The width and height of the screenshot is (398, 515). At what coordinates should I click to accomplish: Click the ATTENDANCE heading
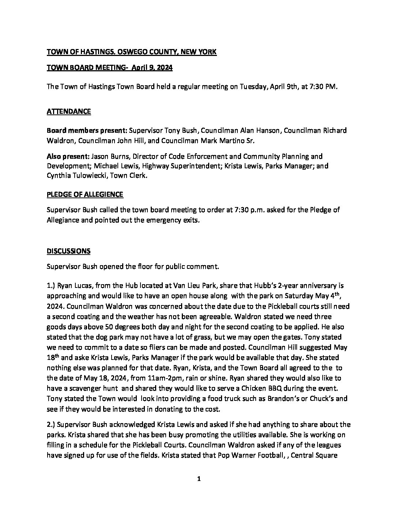point(69,112)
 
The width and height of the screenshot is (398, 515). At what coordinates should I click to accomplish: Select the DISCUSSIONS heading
point(68,251)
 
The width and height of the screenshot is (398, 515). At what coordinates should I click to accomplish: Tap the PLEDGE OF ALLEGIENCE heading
point(85,194)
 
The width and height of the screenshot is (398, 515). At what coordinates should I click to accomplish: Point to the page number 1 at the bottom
point(199,479)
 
